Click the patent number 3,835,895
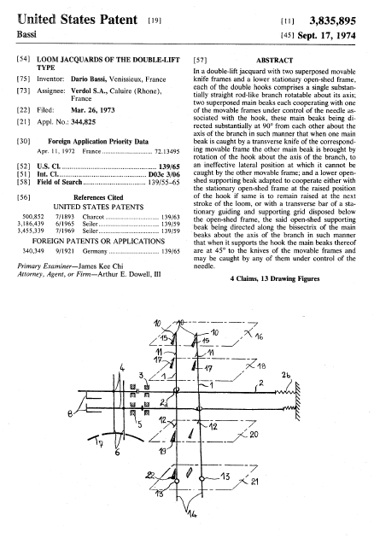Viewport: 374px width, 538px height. pos(332,21)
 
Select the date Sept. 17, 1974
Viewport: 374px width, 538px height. pos(327,36)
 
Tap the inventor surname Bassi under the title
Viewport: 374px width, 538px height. pos(26,34)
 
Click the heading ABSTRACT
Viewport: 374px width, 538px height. pos(274,61)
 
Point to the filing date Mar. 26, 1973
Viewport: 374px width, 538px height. pos(92,110)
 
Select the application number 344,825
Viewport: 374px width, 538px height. pos(84,122)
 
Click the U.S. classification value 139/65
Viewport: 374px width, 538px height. pos(169,167)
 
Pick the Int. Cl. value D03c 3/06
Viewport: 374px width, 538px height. pos(164,175)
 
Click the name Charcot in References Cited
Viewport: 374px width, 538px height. pos(93,217)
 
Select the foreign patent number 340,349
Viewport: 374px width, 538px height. pos(33,251)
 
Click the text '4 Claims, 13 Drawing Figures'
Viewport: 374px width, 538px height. pos(275,278)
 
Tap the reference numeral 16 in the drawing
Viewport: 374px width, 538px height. pos(259,336)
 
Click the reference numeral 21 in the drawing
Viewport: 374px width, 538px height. pos(254,482)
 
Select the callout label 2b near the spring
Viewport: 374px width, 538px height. pos(286,375)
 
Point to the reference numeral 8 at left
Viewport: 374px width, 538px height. pos(70,414)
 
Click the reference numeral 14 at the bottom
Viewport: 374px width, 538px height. pos(192,513)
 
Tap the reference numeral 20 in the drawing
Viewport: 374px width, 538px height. pos(254,435)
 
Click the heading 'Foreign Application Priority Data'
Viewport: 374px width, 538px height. pos(98,142)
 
